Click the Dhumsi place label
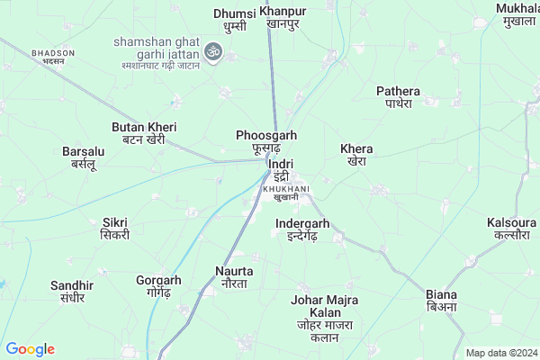pyautogui.click(x=235, y=20)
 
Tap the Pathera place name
pyautogui.click(x=399, y=97)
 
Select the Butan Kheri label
pyautogui.click(x=144, y=133)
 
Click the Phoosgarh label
pyautogui.click(x=259, y=141)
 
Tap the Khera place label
pyautogui.click(x=357, y=155)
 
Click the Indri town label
pyautogui.click(x=281, y=170)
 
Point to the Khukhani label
pyautogui.click(x=286, y=192)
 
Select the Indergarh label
pyautogui.click(x=302, y=229)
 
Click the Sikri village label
pyautogui.click(x=115, y=228)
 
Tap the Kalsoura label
pyautogui.click(x=511, y=228)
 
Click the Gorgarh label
pyautogui.click(x=157, y=286)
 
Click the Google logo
pyautogui.click(x=30, y=349)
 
